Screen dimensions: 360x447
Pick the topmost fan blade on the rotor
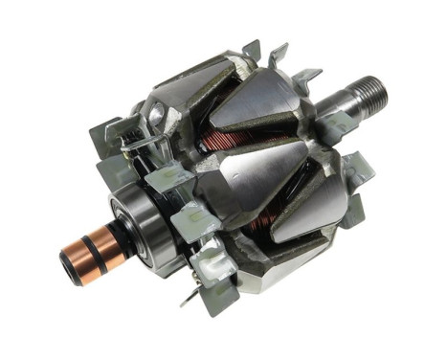(254, 49)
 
